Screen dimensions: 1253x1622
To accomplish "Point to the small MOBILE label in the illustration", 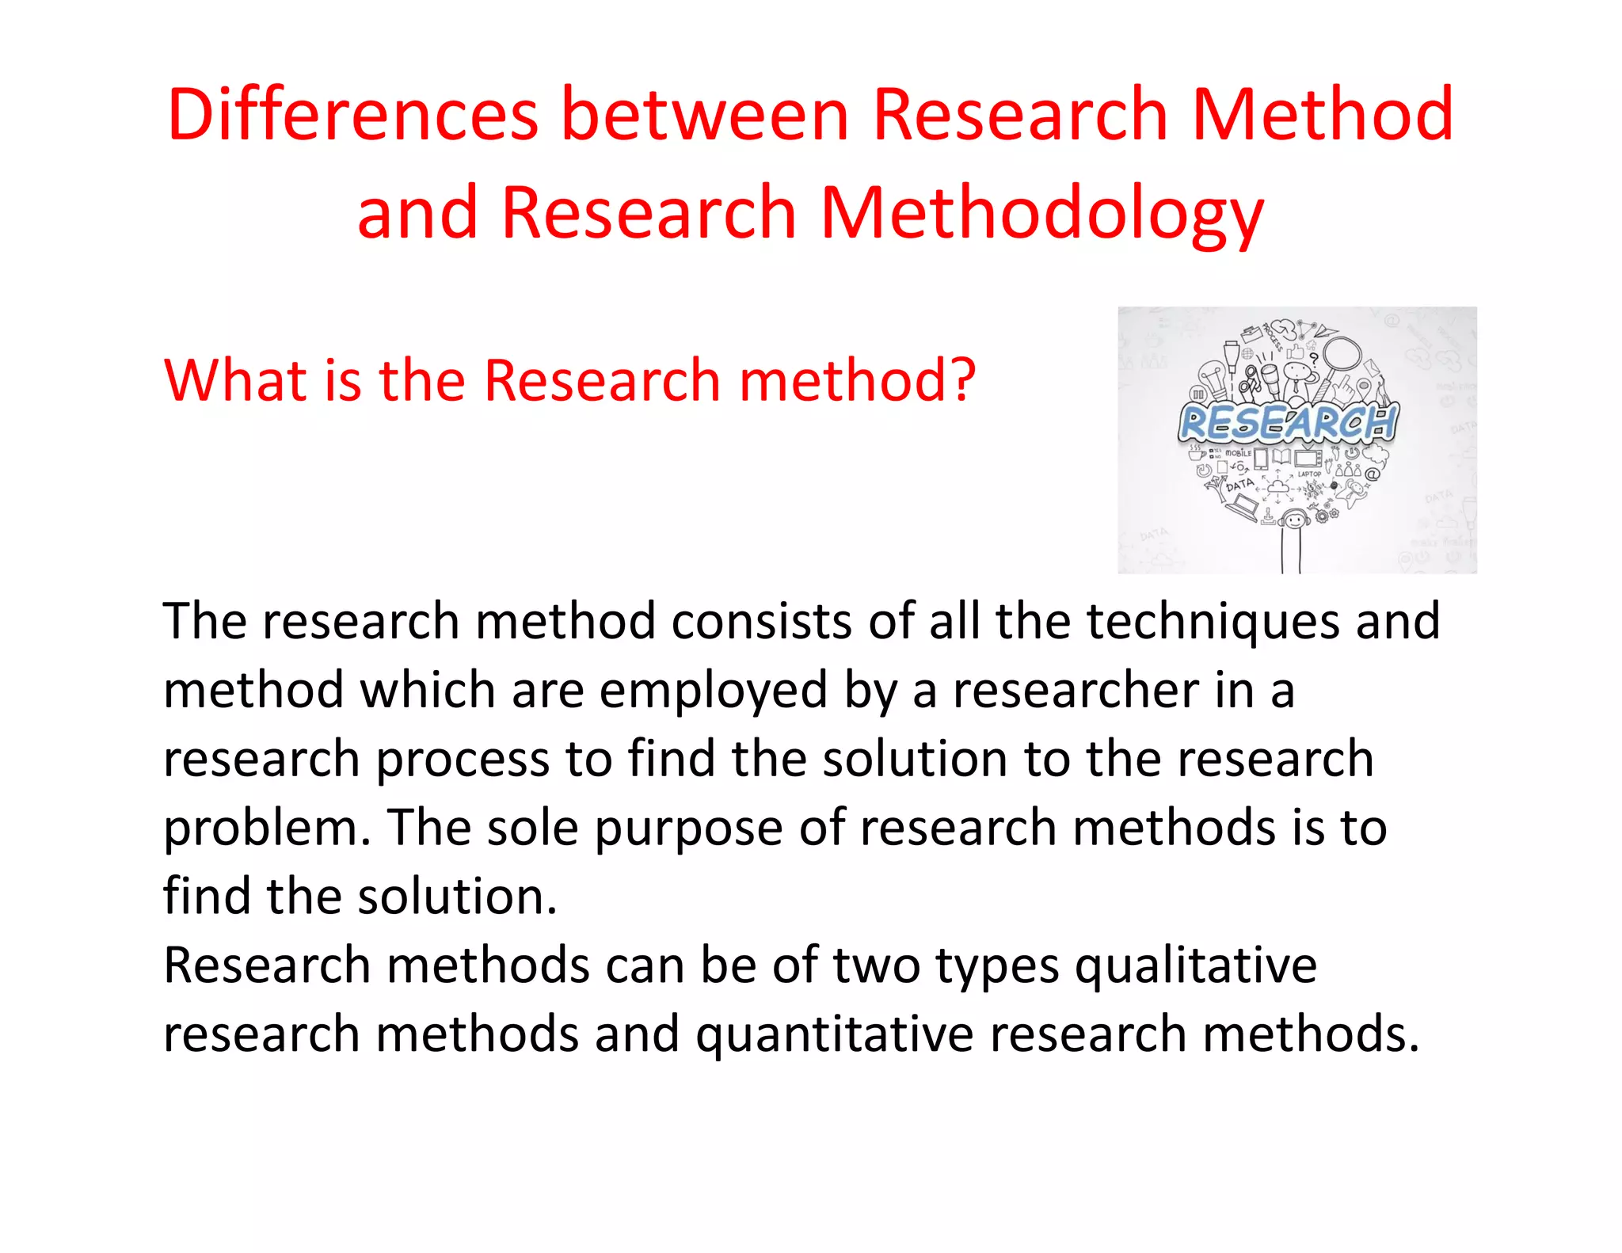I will point(1238,453).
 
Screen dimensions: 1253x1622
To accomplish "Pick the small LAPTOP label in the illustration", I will point(1309,474).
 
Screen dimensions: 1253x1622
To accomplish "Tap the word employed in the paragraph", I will point(713,690).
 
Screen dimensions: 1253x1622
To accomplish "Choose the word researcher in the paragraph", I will point(1076,690).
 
